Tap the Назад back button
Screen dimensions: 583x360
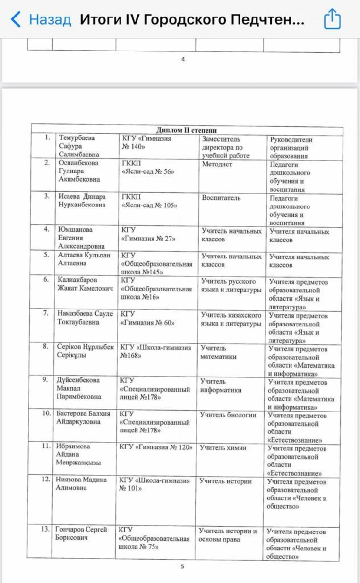coord(41,19)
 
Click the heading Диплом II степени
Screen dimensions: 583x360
coord(187,130)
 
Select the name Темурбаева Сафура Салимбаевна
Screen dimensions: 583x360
coord(77,146)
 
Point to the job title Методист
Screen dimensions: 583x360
coord(217,164)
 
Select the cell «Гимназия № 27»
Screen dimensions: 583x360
coord(148,239)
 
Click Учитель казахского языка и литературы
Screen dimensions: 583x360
coord(231,319)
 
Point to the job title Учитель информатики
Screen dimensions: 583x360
coord(221,386)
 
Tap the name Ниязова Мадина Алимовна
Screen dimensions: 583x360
coord(81,484)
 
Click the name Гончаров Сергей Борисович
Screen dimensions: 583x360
coord(82,533)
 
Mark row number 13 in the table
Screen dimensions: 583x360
coord(46,529)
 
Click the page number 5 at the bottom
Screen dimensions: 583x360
coord(182,566)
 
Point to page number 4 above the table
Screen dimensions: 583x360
coord(183,59)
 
